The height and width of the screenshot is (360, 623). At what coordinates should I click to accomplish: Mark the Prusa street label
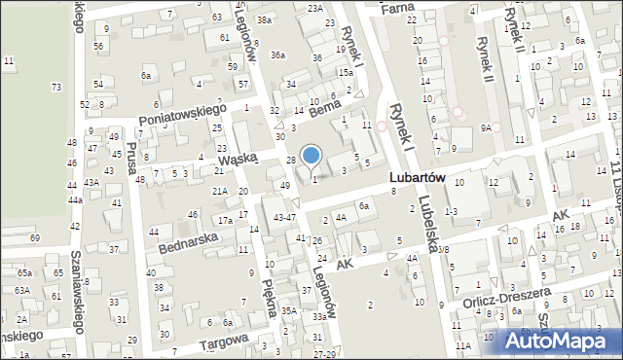pyautogui.click(x=131, y=162)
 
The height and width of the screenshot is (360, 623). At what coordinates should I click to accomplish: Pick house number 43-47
pyautogui.click(x=284, y=216)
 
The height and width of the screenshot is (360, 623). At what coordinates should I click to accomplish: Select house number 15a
pyautogui.click(x=345, y=72)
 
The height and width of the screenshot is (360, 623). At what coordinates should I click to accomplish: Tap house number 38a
pyautogui.click(x=263, y=19)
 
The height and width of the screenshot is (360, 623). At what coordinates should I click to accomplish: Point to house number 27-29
pyautogui.click(x=323, y=353)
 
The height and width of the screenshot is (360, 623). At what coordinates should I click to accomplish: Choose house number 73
pyautogui.click(x=55, y=88)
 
